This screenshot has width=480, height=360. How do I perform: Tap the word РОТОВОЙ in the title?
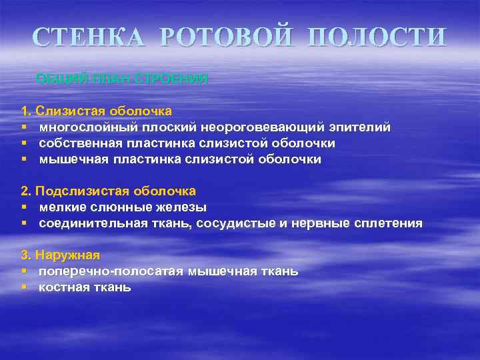coord(217,37)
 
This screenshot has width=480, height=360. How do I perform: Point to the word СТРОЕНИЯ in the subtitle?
coord(172,79)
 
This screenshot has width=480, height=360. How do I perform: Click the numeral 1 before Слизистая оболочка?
coord(25,110)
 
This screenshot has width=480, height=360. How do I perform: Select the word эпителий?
coord(360,127)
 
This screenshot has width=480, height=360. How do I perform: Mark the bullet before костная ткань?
coord(23,287)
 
